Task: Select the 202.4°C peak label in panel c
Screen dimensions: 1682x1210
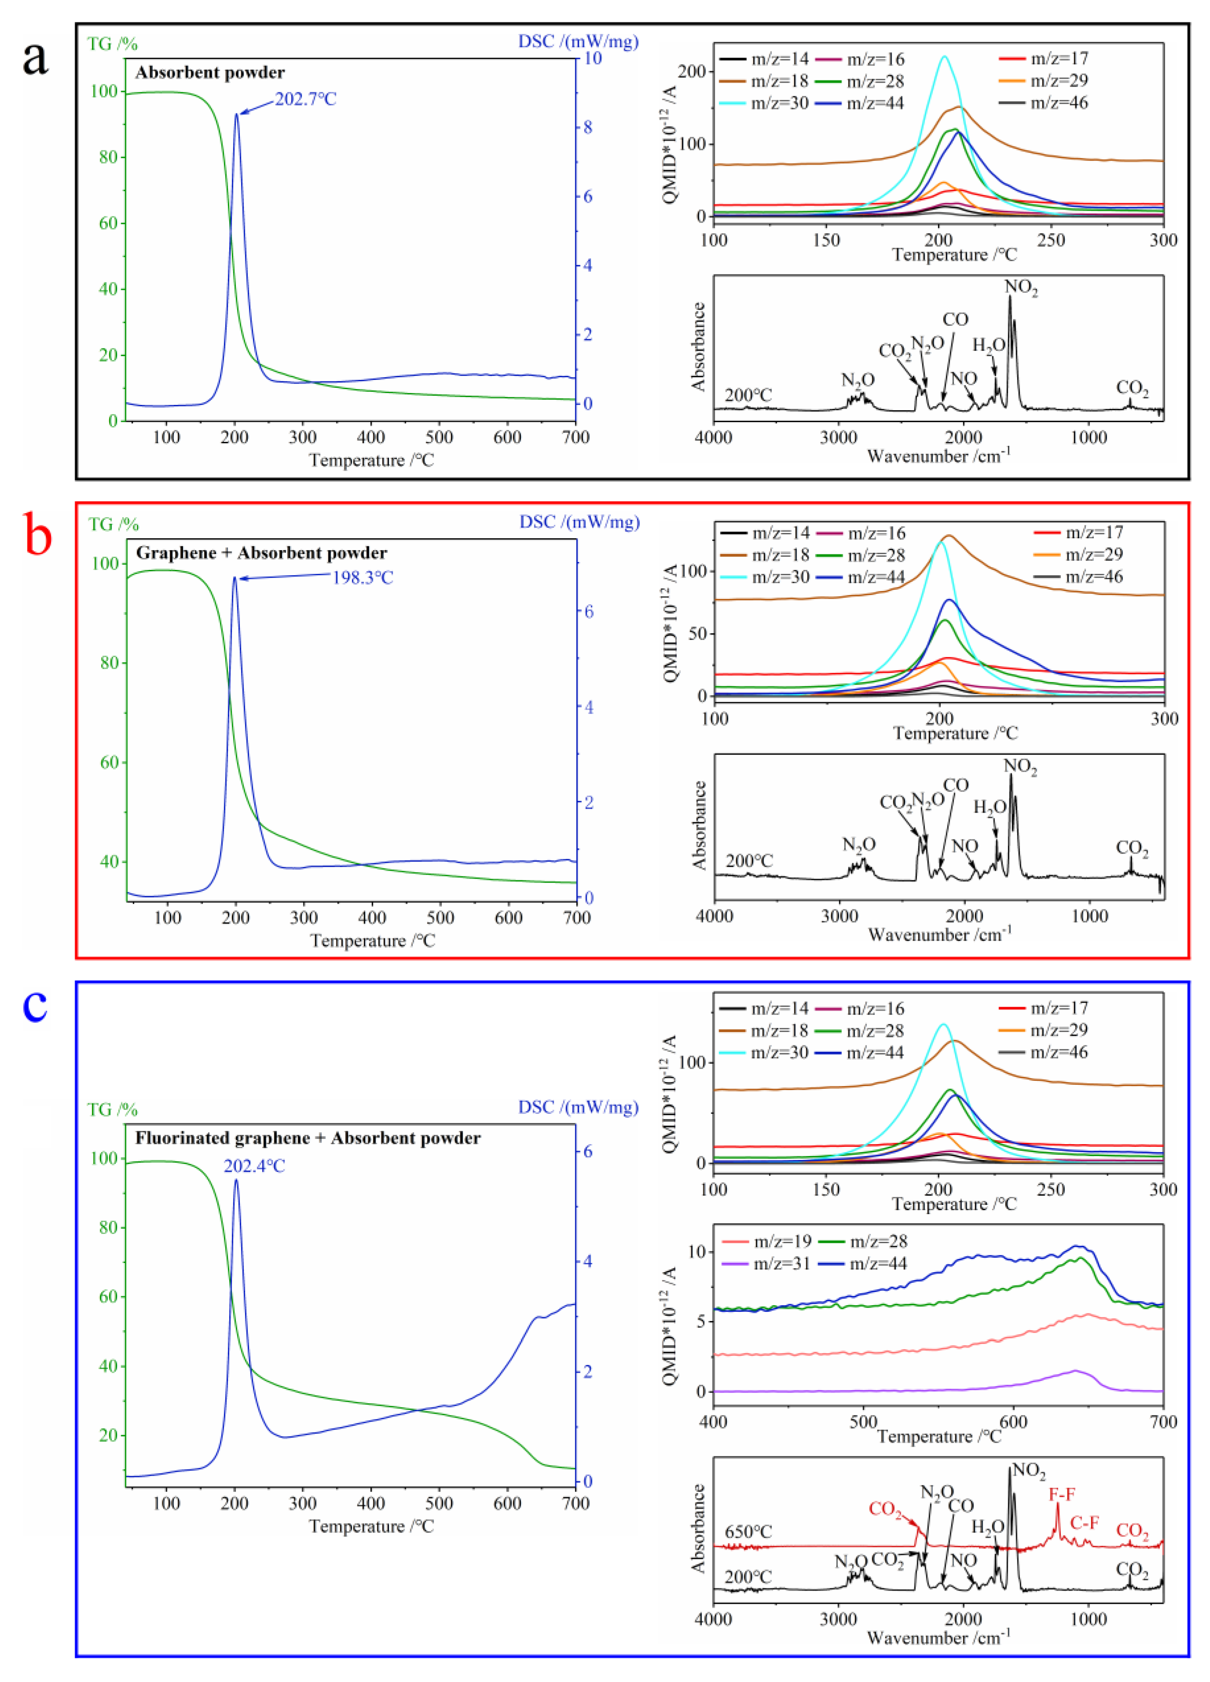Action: click(x=255, y=1166)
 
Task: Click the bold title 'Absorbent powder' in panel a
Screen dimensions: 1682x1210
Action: click(x=210, y=73)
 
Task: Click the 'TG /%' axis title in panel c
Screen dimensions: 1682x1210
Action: click(x=113, y=1109)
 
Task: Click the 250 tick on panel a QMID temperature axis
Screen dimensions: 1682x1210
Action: click(x=1050, y=240)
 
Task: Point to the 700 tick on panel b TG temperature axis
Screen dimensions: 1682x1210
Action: click(x=577, y=917)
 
